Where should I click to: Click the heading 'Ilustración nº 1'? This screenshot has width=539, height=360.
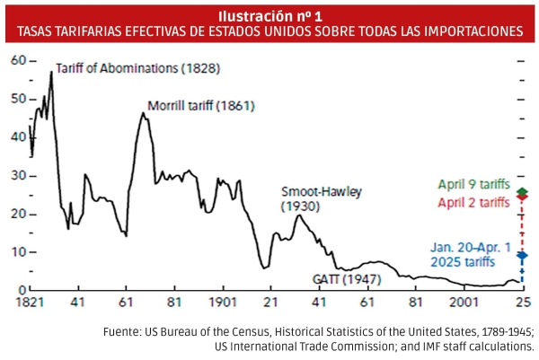point(269,13)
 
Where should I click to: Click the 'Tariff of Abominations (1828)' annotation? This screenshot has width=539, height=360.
point(137,68)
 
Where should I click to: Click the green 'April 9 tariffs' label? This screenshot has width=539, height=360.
point(473,185)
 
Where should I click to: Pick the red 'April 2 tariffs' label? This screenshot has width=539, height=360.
point(473,202)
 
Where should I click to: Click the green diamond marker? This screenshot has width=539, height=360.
point(522,192)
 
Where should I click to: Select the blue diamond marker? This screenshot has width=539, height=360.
point(522,255)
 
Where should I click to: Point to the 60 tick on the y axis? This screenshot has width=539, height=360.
point(18,60)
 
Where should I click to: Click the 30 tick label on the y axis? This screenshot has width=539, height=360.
point(18,176)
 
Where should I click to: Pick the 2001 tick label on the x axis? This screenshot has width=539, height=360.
point(464,303)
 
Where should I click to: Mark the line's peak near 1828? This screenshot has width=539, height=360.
point(51,72)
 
